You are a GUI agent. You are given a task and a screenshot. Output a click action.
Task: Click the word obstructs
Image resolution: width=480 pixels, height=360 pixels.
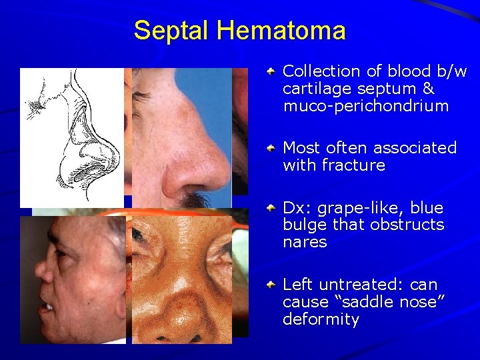(x=411, y=225)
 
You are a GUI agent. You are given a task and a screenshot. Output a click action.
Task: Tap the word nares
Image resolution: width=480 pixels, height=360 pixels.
(x=305, y=242)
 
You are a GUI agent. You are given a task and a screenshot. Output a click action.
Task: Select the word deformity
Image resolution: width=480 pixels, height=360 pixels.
(x=321, y=319)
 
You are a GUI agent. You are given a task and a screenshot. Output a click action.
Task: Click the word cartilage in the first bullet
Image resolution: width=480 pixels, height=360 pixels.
(x=315, y=89)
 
